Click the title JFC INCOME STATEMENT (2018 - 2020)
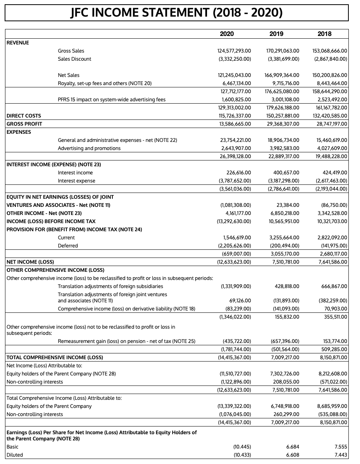[x=177, y=13]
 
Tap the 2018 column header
[x=324, y=34]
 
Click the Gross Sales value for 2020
[x=232, y=51]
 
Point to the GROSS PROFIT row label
[x=24, y=124]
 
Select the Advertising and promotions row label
[x=89, y=148]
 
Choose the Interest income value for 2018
[x=333, y=172]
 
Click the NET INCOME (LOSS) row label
[x=31, y=262]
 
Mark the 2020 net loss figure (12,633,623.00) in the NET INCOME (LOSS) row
[x=232, y=262]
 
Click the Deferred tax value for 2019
[x=283, y=246]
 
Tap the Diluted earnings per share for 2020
[x=243, y=455]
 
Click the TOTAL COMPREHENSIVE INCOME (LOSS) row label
[x=55, y=357]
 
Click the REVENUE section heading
[x=18, y=43]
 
